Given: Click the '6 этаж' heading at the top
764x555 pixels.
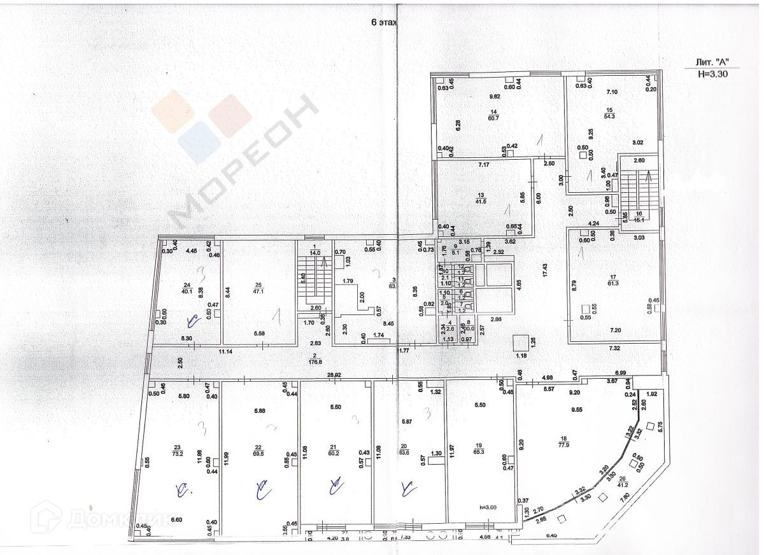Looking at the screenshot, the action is click(x=384, y=22).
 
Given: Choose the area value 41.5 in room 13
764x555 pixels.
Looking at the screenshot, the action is click(x=481, y=201).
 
